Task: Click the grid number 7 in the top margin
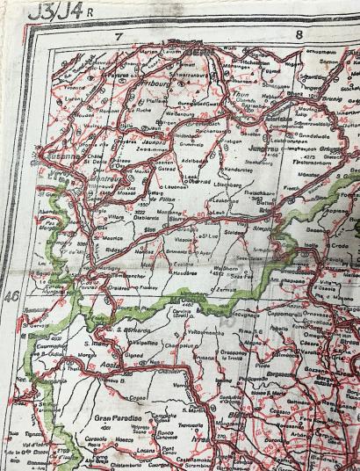[117, 36]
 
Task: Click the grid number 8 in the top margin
[299, 36]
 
